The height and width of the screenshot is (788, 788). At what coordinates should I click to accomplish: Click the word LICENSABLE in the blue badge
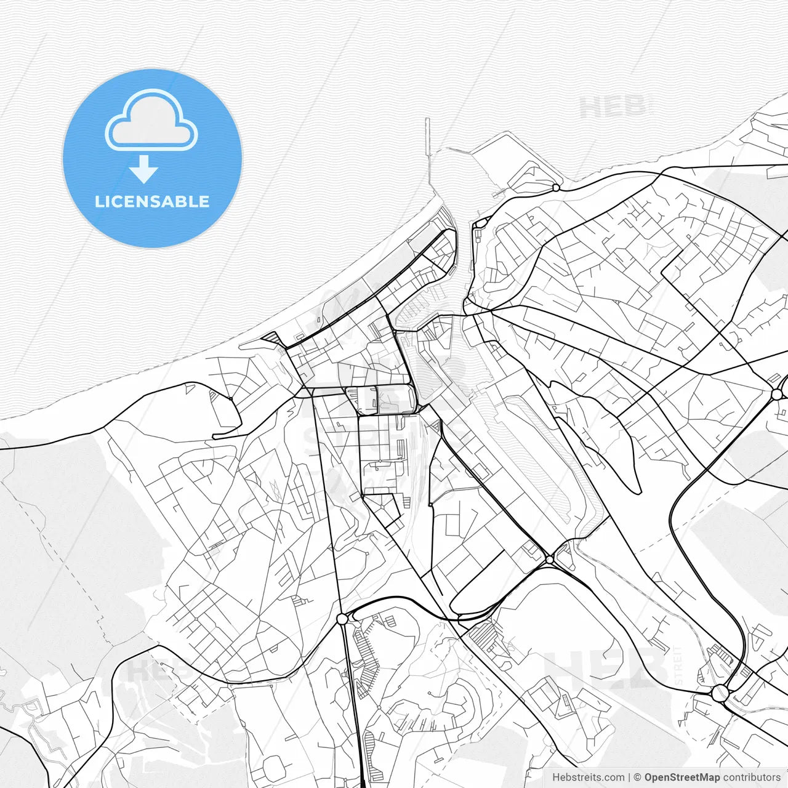click(x=152, y=202)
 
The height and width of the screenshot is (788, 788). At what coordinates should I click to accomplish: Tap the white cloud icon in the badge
click(x=151, y=122)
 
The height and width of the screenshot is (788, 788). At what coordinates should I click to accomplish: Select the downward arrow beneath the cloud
click(x=143, y=170)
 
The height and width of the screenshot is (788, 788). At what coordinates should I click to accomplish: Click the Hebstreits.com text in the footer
click(x=588, y=778)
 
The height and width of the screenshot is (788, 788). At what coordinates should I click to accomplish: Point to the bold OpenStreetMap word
click(x=681, y=778)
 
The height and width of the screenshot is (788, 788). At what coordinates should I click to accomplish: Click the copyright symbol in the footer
click(x=637, y=778)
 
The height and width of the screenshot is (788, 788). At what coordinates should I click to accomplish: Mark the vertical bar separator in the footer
click(x=629, y=778)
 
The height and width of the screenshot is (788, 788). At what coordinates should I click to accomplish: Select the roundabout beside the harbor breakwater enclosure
click(x=555, y=187)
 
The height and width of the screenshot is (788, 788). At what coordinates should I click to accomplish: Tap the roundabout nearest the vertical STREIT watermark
click(x=720, y=693)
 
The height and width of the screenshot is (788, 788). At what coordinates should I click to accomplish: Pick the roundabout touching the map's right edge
click(x=777, y=394)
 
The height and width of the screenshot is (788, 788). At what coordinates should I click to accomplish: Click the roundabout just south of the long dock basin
click(x=549, y=560)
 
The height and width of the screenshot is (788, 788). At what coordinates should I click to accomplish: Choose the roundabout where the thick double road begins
click(x=342, y=619)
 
